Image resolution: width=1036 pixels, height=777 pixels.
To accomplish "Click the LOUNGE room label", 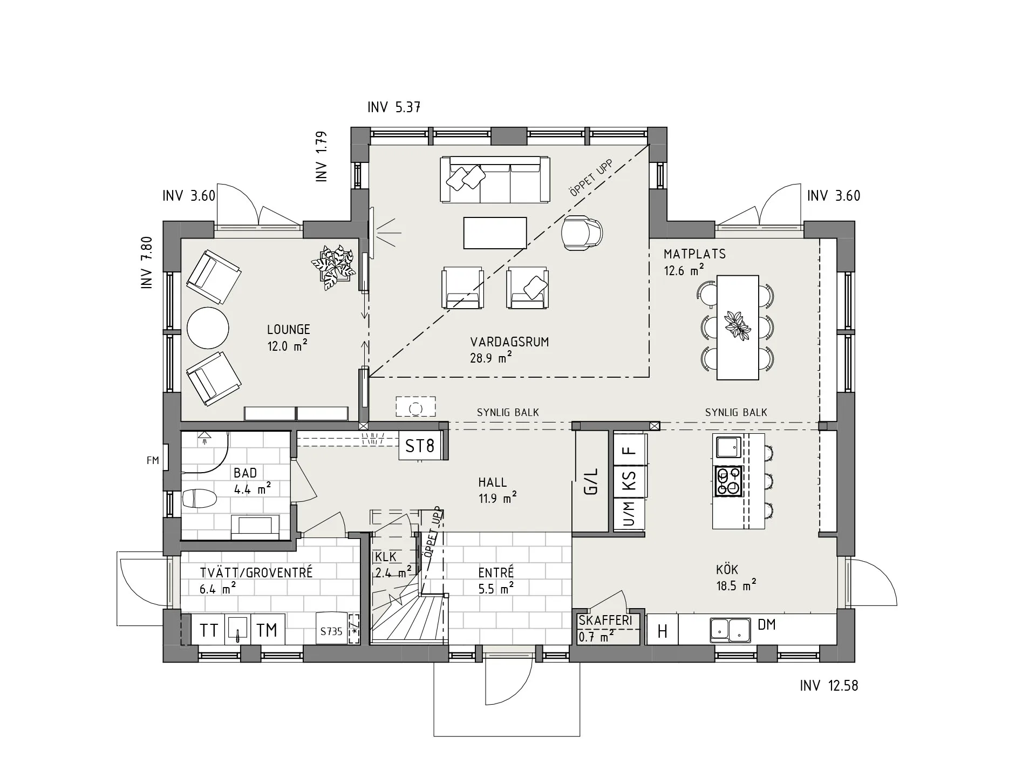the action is [288, 329].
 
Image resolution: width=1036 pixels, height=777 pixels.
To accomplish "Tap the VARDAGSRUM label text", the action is [509, 342].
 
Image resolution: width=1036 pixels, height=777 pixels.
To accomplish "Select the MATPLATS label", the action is [694, 254].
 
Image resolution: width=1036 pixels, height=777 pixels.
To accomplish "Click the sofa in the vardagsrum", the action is [495, 180].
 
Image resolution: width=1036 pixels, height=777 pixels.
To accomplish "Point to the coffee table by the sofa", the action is [495, 233].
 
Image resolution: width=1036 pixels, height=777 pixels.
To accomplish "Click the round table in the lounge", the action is [208, 328].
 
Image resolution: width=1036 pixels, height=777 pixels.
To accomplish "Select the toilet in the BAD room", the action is [199, 498].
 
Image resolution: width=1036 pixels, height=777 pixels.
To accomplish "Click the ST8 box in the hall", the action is [420, 446].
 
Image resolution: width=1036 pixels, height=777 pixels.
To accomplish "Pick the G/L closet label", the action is [592, 481].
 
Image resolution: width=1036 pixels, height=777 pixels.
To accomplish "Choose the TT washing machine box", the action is [208, 630].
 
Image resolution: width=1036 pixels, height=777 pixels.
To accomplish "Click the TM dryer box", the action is [267, 630].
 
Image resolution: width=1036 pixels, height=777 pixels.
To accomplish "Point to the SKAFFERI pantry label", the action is [605, 621].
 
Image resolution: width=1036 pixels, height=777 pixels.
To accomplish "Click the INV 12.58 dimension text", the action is [829, 686].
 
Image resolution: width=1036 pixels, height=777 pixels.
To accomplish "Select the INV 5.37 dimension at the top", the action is [394, 107].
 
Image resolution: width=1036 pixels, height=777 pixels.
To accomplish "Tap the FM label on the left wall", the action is [153, 460].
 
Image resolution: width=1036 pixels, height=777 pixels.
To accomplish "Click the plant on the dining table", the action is [737, 325].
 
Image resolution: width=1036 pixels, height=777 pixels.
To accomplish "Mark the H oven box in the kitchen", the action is [663, 630].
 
